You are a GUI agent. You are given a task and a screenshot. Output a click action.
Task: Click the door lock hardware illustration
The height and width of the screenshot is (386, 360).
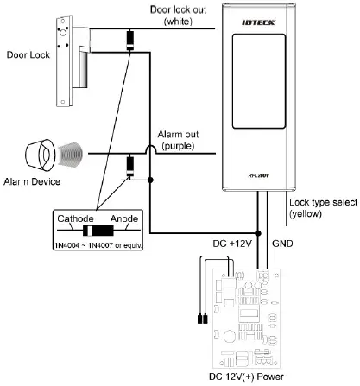71,57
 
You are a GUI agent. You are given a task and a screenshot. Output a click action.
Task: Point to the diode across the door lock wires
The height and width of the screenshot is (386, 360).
131,41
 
